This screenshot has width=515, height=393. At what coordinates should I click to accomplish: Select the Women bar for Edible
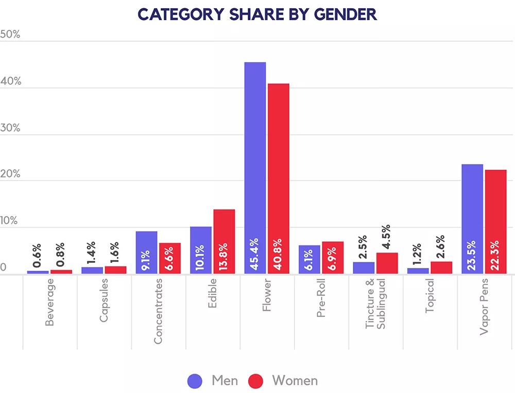224,241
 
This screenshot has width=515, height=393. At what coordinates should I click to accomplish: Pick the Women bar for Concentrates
169,258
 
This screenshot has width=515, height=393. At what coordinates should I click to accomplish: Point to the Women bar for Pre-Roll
332,257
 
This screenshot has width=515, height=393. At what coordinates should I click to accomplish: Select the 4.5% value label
386,237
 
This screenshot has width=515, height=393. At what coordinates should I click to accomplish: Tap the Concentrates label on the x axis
158,311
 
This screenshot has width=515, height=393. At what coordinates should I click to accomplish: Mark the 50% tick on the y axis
10,35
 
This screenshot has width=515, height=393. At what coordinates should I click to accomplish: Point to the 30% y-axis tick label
10,128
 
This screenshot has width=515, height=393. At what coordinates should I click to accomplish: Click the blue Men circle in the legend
197,381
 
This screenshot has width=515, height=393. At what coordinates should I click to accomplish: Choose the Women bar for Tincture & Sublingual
387,263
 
